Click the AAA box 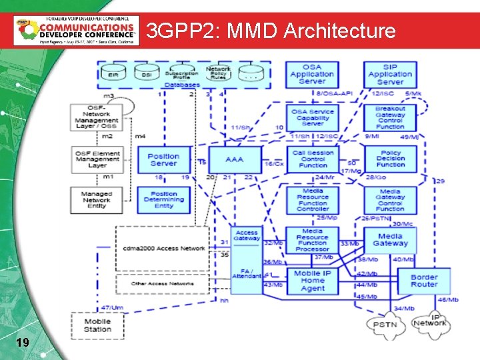click(x=235, y=161)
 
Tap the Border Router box click(x=424, y=281)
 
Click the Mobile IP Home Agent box click(x=312, y=281)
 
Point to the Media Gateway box click(x=390, y=240)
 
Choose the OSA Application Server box click(x=312, y=74)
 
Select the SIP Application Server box click(x=390, y=74)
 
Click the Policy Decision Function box click(x=390, y=159)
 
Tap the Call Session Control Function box click(x=313, y=159)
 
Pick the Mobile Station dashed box click(x=97, y=325)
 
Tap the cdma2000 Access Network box click(x=163, y=248)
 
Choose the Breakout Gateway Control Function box click(x=390, y=118)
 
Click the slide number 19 click(x=22, y=343)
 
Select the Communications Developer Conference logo click(x=77, y=30)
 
